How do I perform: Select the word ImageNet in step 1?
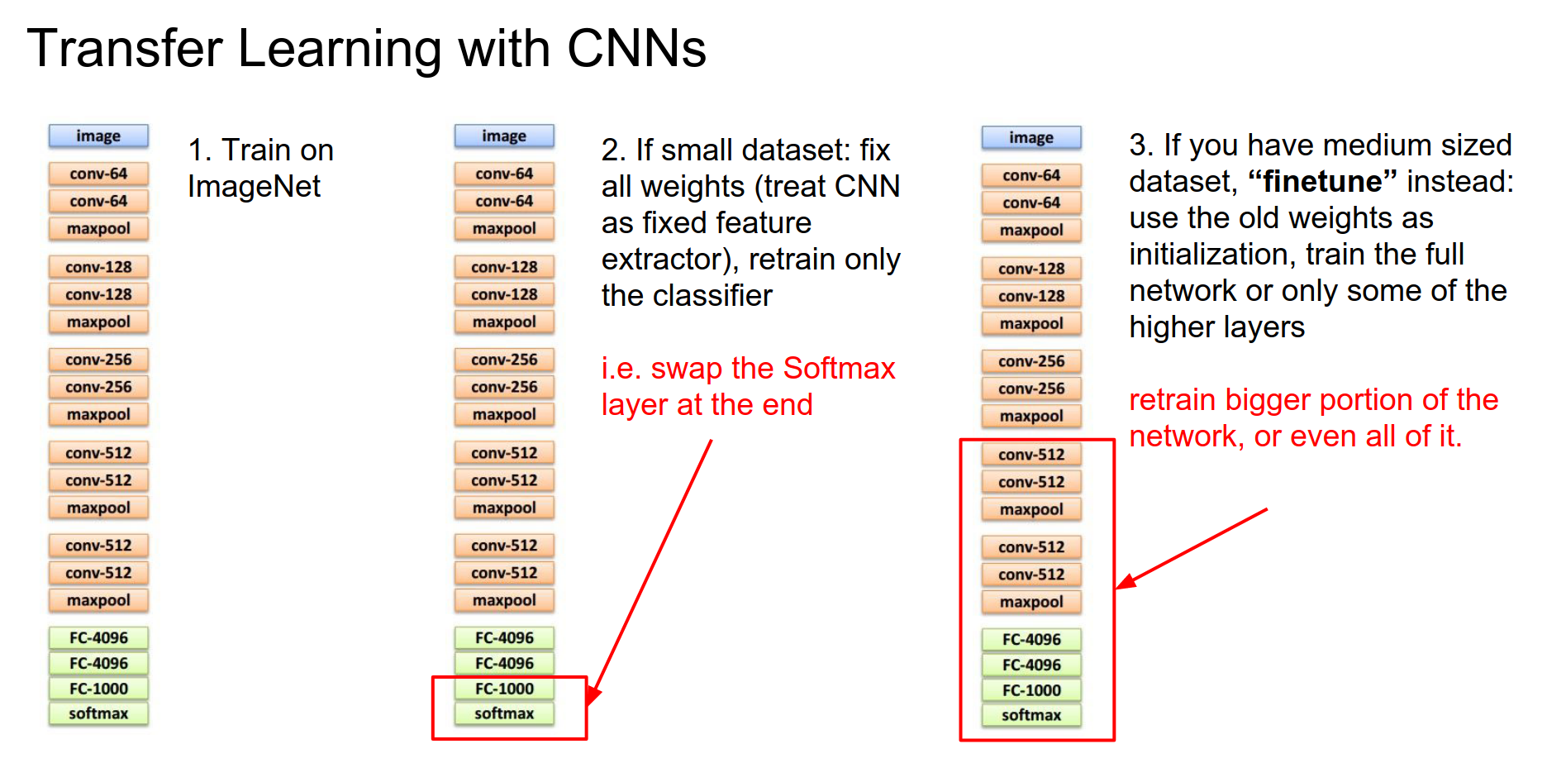coord(254,187)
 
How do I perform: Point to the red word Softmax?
coord(839,368)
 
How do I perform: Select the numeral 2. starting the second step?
coord(614,150)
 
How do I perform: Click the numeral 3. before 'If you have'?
coord(1141,145)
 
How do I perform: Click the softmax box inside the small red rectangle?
coord(504,713)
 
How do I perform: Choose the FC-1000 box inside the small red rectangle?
coord(504,689)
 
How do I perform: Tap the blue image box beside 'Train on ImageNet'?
coord(98,136)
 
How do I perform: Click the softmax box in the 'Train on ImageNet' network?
coord(98,713)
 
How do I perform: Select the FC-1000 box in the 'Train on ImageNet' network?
coord(98,689)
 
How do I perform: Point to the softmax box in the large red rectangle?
coord(1031,715)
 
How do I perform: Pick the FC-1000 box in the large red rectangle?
coord(1031,690)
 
